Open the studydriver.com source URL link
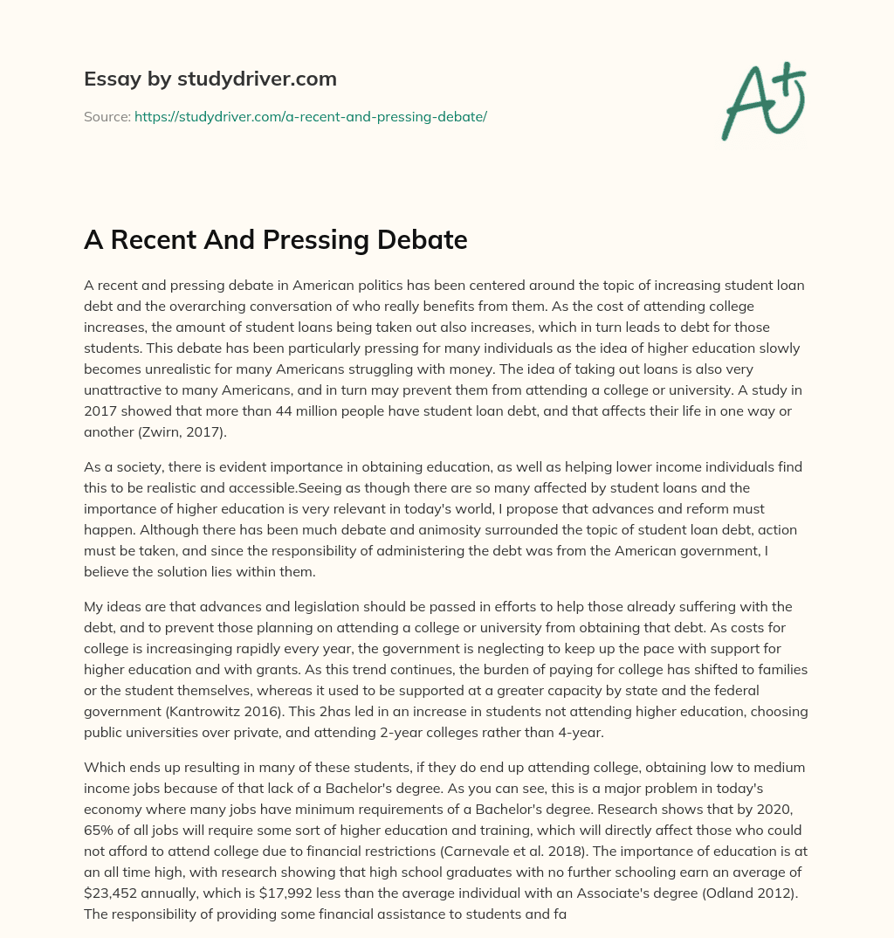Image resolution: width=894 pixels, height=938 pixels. pos(310,116)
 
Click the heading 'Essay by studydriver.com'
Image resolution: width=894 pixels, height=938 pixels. pos(210,79)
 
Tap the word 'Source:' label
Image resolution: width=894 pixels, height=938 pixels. pos(107,116)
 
